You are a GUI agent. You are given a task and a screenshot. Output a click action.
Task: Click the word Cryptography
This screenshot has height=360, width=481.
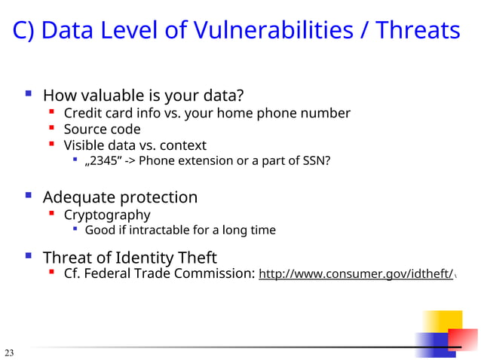107,215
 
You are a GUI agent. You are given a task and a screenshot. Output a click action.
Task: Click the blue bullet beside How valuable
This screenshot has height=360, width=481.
28,95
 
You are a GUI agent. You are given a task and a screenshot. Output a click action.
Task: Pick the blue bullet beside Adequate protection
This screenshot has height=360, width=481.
28,197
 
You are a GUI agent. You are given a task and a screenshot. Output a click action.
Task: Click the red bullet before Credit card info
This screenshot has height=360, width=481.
51,113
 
